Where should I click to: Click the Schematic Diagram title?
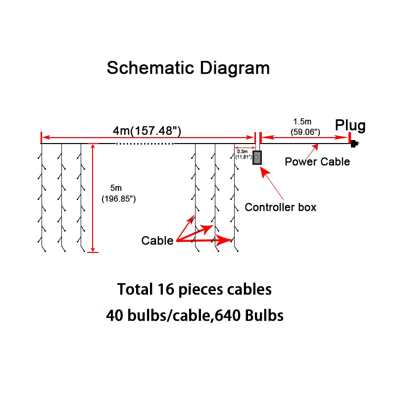click(189, 68)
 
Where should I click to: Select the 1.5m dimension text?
click(302, 122)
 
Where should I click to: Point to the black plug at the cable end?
click(353, 144)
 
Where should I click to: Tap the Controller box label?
click(280, 207)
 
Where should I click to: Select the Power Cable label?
click(317, 162)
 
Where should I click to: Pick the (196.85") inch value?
click(119, 199)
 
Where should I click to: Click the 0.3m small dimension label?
click(243, 151)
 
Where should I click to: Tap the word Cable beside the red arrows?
click(157, 241)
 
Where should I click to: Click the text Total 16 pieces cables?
click(194, 289)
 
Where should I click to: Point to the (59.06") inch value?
click(305, 132)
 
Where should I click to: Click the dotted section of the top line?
click(145, 144)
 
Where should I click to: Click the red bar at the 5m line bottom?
click(93, 252)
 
